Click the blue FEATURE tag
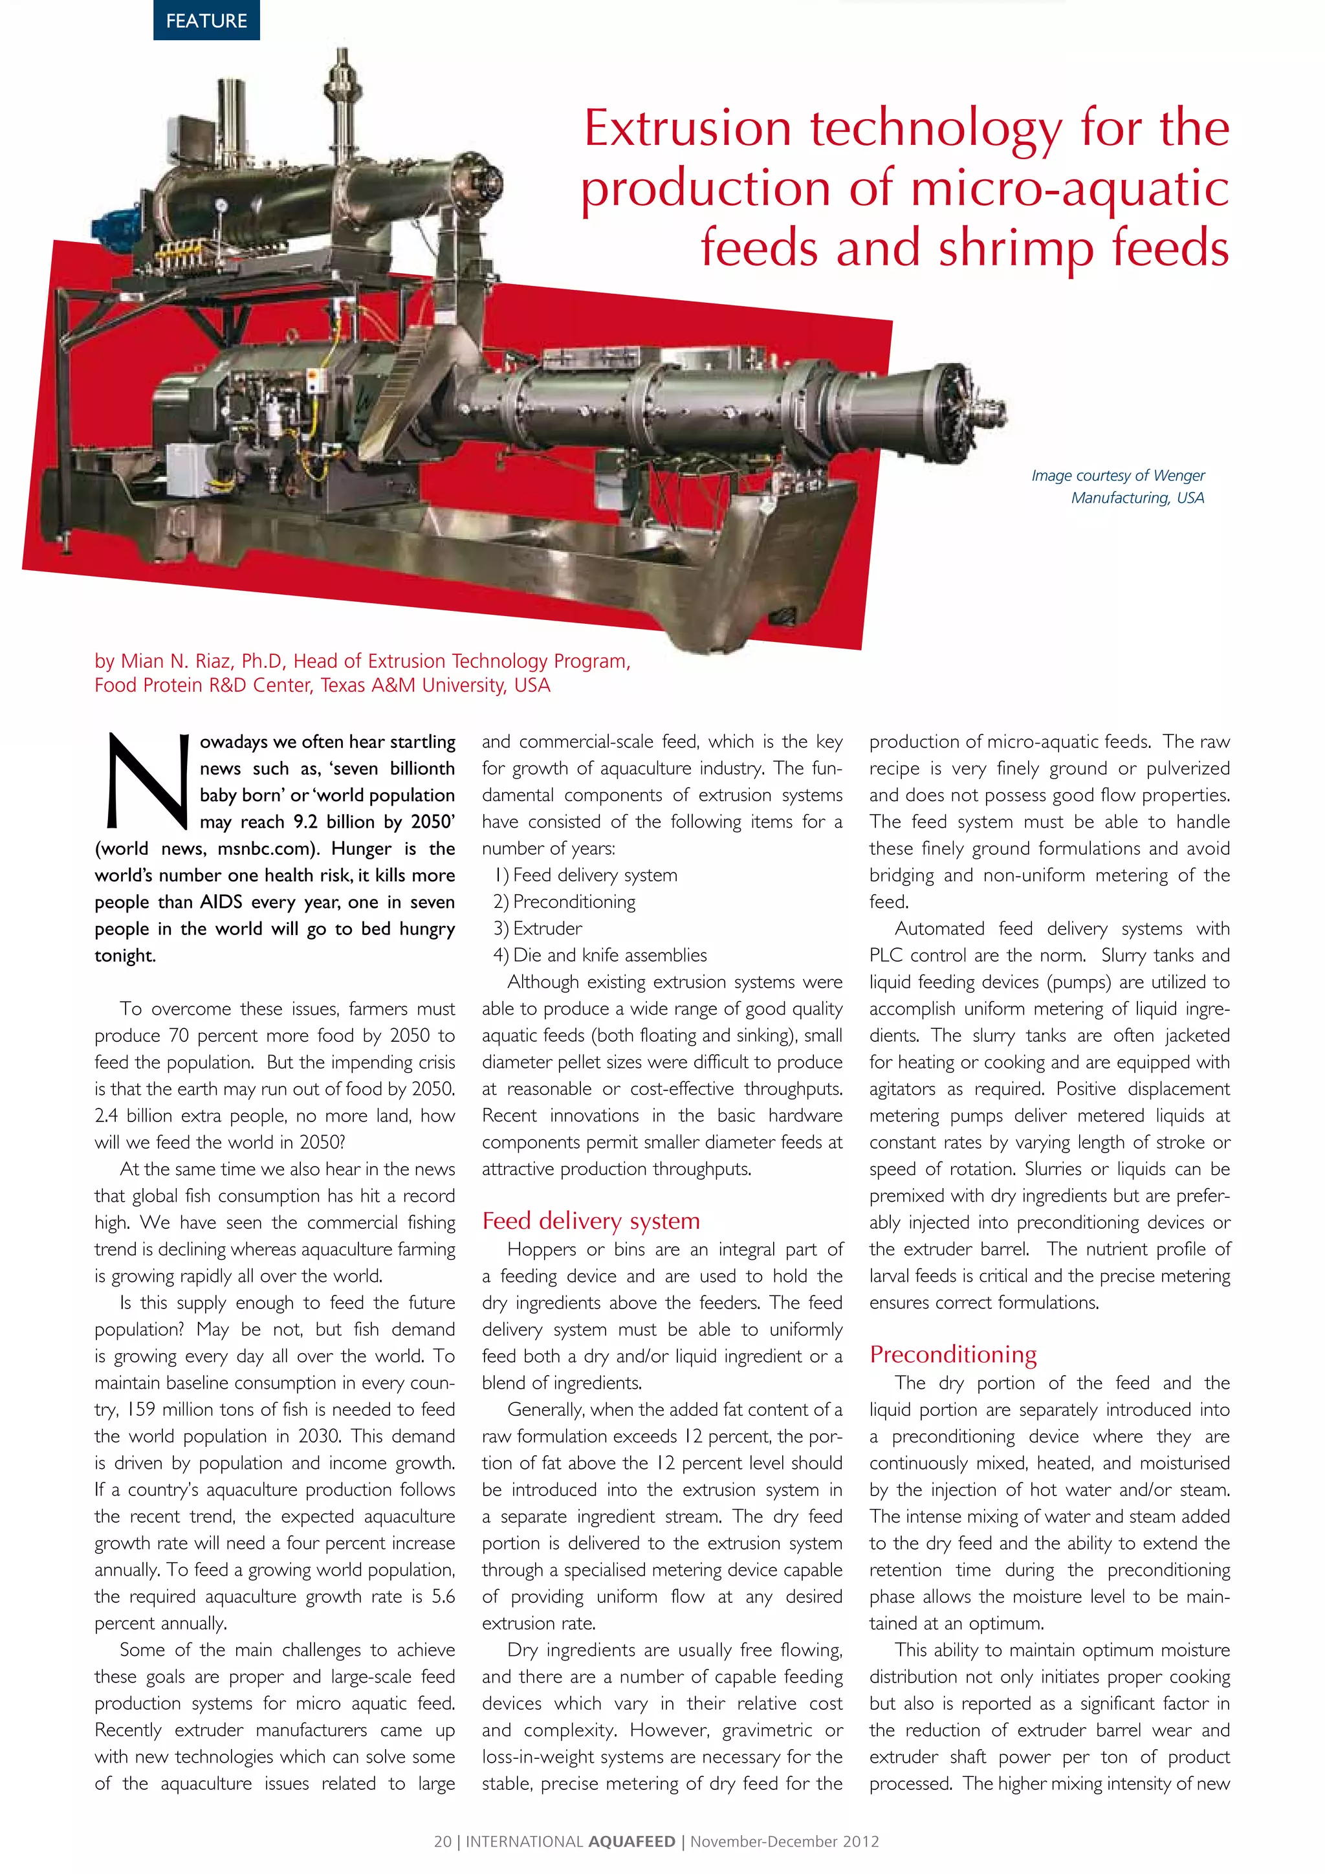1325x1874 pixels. pyautogui.click(x=206, y=21)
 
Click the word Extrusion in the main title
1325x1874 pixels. pyautogui.click(x=688, y=129)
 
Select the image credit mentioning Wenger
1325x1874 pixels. pyautogui.click(x=1118, y=487)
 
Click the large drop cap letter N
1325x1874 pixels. pyautogui.click(x=147, y=780)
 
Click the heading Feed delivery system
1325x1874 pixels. pyautogui.click(x=591, y=1220)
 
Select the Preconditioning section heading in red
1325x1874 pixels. pyautogui.click(x=953, y=1354)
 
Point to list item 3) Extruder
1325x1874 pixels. pyautogui.click(x=538, y=928)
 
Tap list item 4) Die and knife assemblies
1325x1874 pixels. pyautogui.click(x=600, y=955)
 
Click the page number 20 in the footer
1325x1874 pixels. pyautogui.click(x=443, y=1842)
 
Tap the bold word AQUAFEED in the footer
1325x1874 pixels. pyautogui.click(x=631, y=1842)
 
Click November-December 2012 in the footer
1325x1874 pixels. pyautogui.click(x=785, y=1842)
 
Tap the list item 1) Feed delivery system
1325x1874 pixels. pyautogui.click(x=586, y=875)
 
